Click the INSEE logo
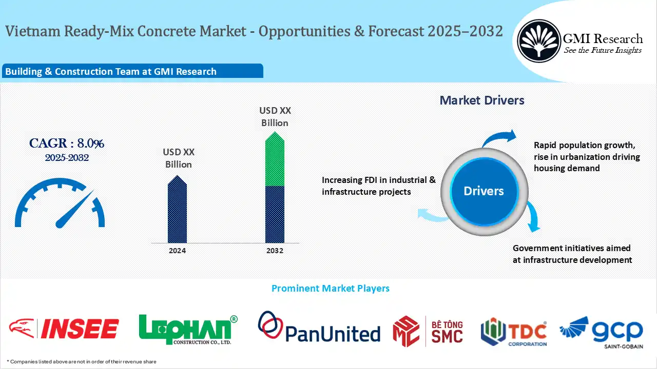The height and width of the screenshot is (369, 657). click(64, 329)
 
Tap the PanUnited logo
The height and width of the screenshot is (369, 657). click(319, 329)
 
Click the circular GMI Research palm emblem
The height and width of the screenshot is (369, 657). click(538, 40)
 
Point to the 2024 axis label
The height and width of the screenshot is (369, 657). click(177, 251)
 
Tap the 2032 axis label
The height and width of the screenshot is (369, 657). click(275, 251)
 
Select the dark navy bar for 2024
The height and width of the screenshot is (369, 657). click(177, 213)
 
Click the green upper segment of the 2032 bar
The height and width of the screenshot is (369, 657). click(275, 161)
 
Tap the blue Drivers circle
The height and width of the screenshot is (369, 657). click(484, 191)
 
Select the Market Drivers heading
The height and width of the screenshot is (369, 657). click(482, 100)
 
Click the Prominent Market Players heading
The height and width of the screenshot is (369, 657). click(330, 289)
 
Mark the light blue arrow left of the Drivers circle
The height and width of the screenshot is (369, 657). click(432, 215)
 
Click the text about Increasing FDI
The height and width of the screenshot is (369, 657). click(379, 186)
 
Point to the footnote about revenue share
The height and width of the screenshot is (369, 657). click(82, 361)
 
